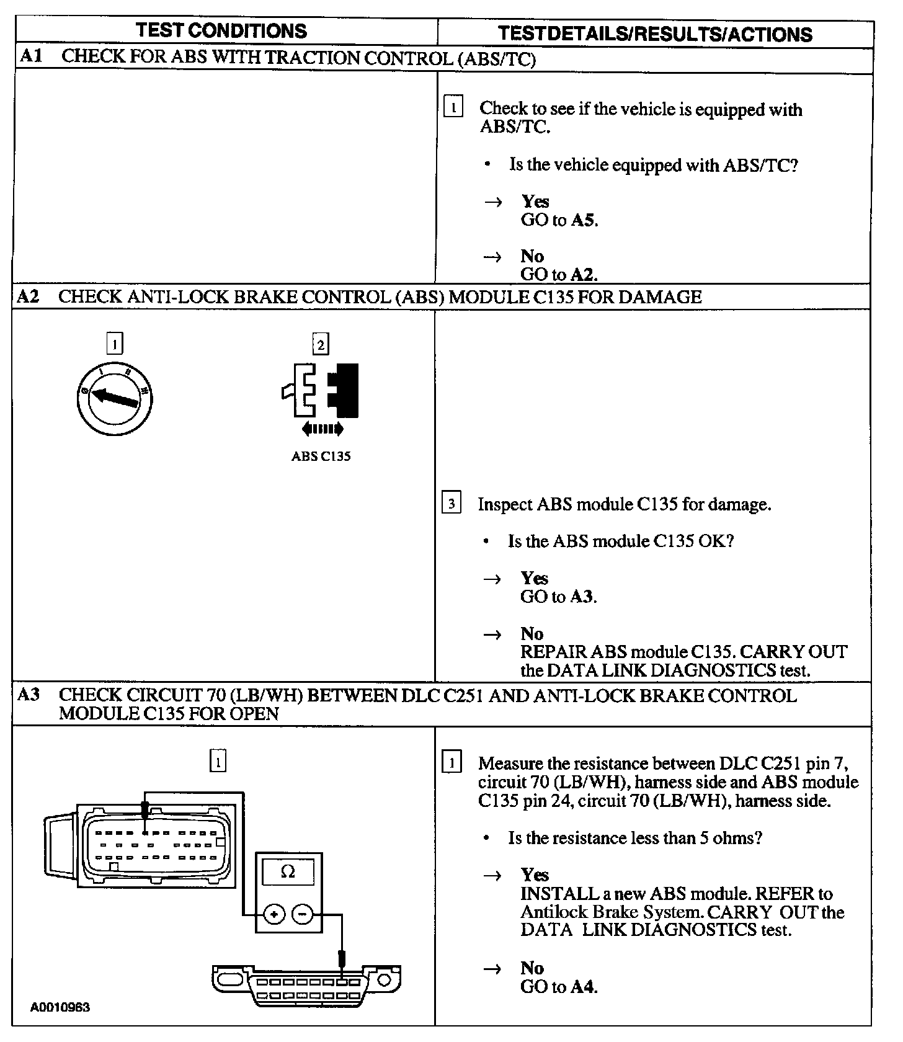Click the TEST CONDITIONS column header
click(x=221, y=31)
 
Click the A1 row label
click(x=31, y=57)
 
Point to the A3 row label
click(x=29, y=695)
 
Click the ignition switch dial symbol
click(x=115, y=397)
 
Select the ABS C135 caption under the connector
click(x=321, y=456)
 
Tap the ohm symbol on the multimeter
click(x=288, y=872)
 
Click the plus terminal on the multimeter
click(x=274, y=914)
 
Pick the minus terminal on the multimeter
click(x=302, y=914)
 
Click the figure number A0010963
click(x=60, y=1007)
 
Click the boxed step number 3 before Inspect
click(x=451, y=503)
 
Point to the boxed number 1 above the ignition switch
click(x=115, y=343)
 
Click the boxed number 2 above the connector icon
click(x=321, y=344)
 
